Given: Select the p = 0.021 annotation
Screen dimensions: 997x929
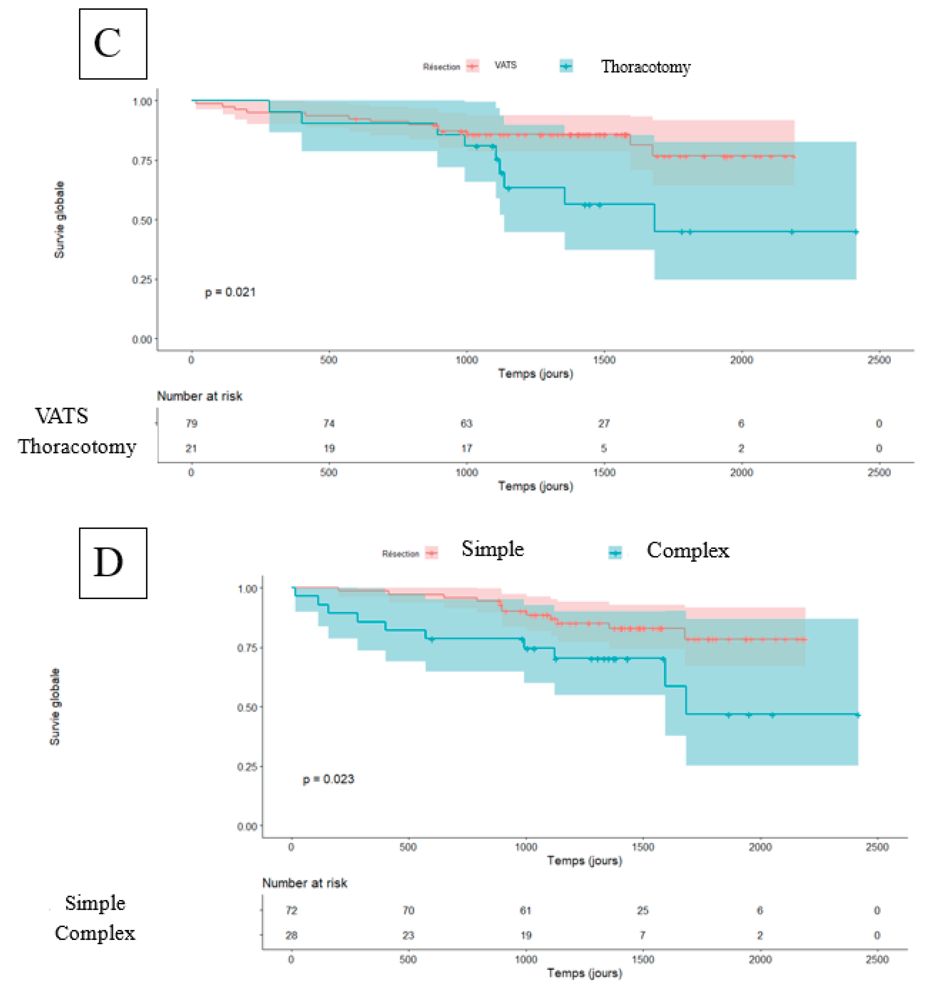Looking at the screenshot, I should [x=230, y=292].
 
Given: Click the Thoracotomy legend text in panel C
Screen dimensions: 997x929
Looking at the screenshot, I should [x=646, y=66].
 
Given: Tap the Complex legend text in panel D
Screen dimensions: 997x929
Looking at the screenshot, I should [x=687, y=550].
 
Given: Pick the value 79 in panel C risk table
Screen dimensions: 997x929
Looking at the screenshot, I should [x=191, y=423].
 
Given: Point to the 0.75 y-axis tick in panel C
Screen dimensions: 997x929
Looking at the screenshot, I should [x=142, y=161].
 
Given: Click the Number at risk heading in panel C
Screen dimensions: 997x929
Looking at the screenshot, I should [x=200, y=396].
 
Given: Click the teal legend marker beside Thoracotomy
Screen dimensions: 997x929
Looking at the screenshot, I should [x=566, y=66].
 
